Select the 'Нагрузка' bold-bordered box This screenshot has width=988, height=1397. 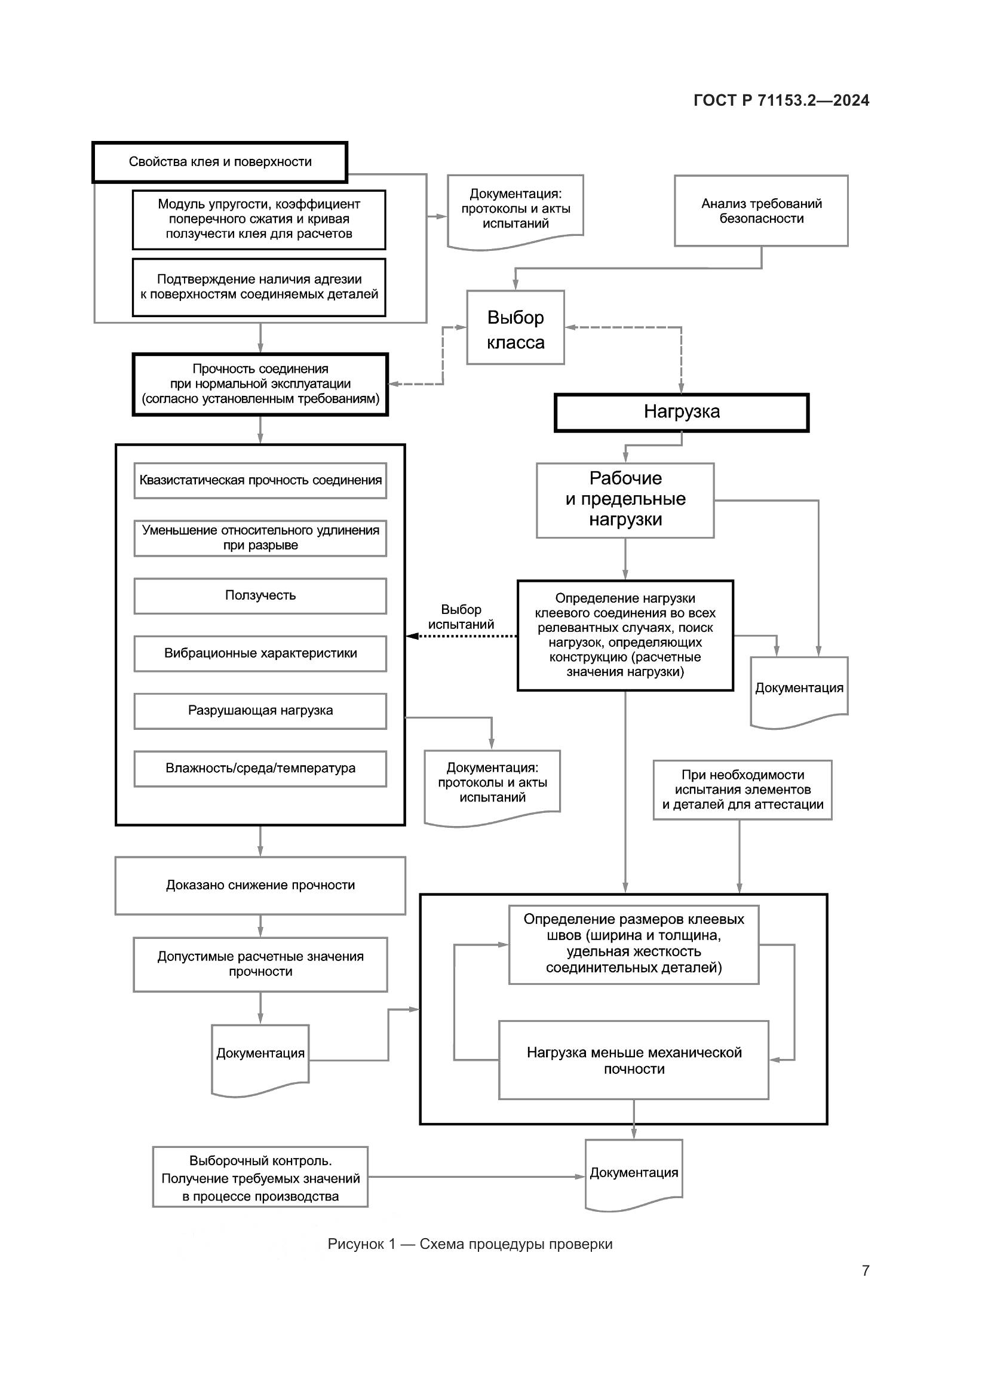coord(682,413)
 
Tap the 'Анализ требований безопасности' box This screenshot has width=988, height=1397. coord(761,211)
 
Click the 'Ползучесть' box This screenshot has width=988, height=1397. coord(260,595)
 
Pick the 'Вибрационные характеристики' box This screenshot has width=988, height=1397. coord(260,653)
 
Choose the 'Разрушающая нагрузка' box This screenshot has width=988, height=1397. coord(260,711)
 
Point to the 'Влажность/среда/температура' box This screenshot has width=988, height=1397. coord(260,769)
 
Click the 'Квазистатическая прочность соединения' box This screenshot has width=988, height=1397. coord(260,481)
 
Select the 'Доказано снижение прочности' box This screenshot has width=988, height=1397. coord(260,885)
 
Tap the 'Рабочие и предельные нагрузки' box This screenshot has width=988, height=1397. coord(625,500)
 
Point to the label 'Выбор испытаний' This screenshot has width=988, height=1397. coord(461,617)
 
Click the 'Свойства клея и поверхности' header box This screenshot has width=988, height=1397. coord(220,162)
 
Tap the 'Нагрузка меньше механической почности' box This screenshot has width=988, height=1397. coord(633,1060)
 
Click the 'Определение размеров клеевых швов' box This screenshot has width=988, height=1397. coord(633,944)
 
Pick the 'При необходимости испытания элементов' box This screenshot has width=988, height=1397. coord(742,790)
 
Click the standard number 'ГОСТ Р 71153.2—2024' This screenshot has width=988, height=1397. coord(781,101)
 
